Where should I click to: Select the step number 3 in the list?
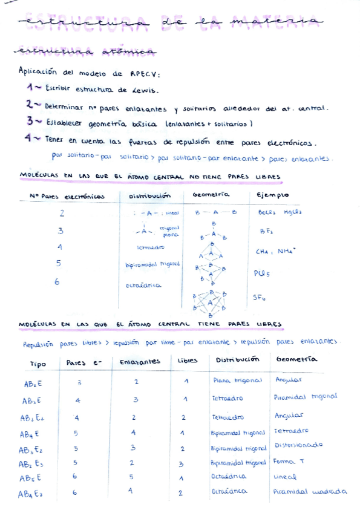[30, 120]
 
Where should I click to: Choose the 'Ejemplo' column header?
[272, 195]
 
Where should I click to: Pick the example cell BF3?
[266, 231]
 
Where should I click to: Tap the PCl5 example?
[261, 272]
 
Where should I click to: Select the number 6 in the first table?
[57, 282]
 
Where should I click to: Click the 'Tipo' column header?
[38, 364]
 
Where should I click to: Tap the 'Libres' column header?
[187, 361]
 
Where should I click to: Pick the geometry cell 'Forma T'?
[292, 462]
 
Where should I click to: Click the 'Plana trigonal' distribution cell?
[238, 381]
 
